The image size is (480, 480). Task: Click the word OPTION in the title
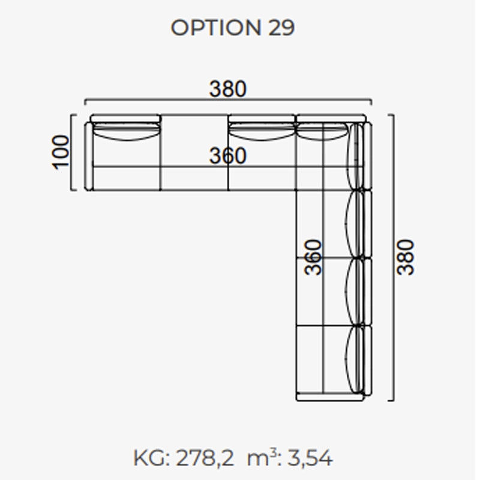(x=216, y=28)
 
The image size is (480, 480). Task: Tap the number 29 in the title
(x=281, y=28)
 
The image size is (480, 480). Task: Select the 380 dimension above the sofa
(x=227, y=89)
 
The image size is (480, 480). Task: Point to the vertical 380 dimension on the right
(x=405, y=257)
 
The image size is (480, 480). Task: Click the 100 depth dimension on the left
(x=61, y=152)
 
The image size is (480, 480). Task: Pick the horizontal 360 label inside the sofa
(x=227, y=155)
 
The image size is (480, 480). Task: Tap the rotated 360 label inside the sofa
(x=313, y=257)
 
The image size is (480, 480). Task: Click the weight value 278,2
(x=205, y=458)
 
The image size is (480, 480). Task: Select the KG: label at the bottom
(x=152, y=458)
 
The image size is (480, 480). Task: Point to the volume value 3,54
(x=310, y=458)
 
